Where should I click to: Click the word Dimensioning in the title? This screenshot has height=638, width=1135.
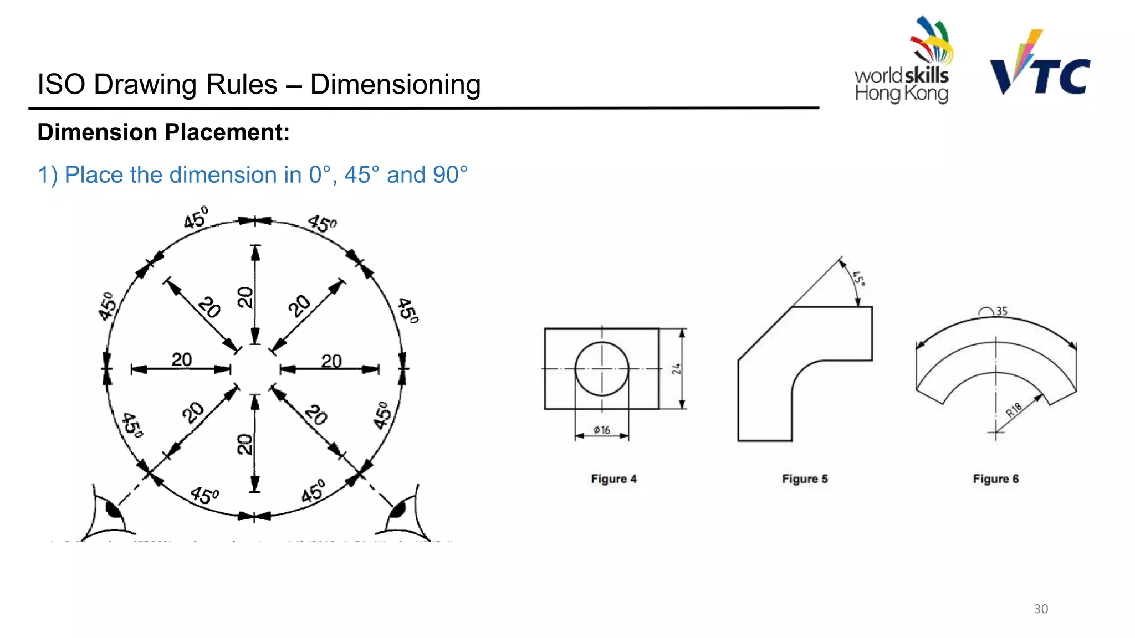(395, 85)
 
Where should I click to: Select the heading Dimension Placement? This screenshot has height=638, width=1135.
(163, 132)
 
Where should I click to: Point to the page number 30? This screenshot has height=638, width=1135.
(1040, 609)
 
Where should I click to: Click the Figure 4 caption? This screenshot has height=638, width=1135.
(613, 479)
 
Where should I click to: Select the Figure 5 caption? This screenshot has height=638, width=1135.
(805, 479)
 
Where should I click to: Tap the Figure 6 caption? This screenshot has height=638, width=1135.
(995, 479)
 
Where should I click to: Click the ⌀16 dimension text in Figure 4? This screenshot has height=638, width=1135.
(601, 430)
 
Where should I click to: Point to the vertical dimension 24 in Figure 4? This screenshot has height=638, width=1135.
(676, 369)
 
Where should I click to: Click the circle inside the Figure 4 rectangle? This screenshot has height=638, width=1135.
(602, 369)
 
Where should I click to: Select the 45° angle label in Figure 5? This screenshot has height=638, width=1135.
(859, 278)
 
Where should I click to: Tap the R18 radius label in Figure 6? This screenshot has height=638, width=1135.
(1014, 410)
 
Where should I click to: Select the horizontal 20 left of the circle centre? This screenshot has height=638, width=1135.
(182, 359)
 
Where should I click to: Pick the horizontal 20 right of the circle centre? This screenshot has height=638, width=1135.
(331, 361)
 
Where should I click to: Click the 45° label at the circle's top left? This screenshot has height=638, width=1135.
(196, 218)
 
